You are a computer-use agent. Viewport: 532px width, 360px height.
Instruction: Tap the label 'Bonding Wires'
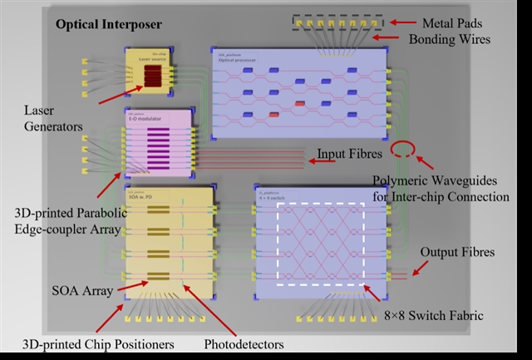point(455,39)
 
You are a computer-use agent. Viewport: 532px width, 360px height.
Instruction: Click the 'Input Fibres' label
point(347,155)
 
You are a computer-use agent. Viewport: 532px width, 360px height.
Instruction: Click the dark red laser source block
point(155,77)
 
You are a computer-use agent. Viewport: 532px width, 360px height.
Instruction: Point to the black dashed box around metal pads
point(336,20)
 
